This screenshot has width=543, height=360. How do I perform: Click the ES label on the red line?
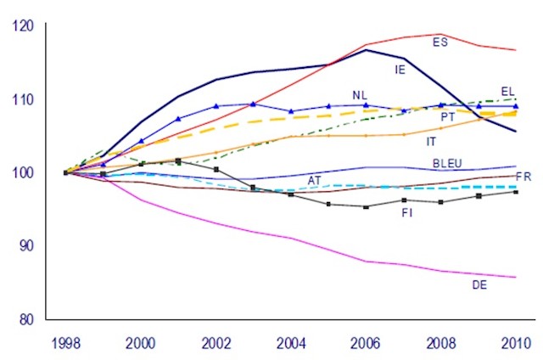coord(440,42)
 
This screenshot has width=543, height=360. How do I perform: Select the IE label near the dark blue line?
coord(400,70)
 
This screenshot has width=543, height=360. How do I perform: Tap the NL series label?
coord(360,94)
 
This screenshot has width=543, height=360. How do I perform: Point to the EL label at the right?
coord(508,91)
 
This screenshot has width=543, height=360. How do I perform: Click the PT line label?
coord(448,116)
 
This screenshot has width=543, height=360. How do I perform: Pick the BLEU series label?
coord(447,162)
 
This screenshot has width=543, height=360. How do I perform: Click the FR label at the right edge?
coord(523,177)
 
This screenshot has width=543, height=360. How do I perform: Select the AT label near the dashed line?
coord(314,181)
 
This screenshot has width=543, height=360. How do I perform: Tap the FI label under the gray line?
coord(406,213)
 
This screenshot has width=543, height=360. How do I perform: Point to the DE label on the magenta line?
coord(479,284)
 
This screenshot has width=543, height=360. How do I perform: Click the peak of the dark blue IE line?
coord(366,50)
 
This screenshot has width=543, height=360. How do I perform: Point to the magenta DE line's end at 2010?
coord(515,278)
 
